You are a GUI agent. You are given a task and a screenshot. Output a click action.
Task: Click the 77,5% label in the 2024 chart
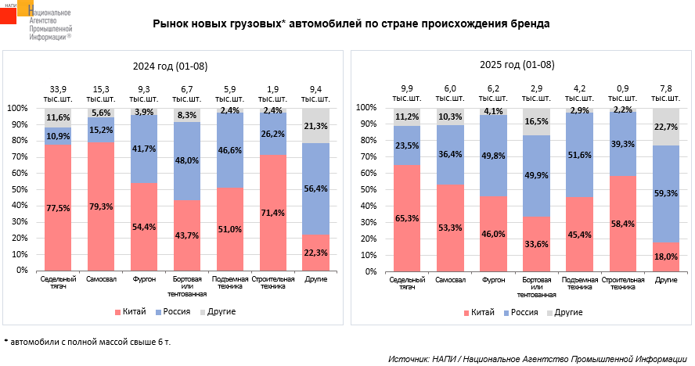58,209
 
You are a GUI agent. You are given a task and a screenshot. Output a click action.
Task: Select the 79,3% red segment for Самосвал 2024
101,207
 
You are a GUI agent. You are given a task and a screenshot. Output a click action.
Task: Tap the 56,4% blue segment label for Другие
315,188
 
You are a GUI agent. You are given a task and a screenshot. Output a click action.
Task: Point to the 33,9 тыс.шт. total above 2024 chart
58,95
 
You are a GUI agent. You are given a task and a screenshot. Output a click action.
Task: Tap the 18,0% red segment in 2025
666,257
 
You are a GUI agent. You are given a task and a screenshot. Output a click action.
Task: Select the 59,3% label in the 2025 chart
666,193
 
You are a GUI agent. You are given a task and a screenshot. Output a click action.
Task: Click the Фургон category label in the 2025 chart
494,279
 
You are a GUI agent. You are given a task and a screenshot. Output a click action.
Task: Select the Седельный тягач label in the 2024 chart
58,283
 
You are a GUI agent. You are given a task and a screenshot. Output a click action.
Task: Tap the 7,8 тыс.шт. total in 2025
666,95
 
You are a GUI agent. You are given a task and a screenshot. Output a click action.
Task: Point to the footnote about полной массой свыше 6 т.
87,343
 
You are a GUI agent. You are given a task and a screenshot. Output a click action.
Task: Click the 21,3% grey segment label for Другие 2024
315,126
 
